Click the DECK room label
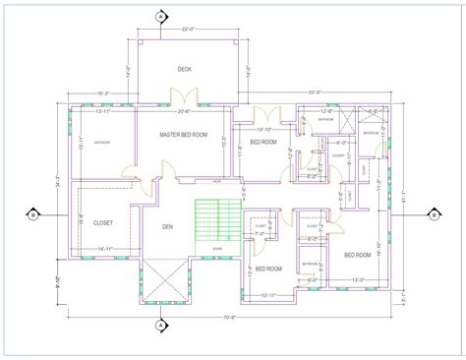184,69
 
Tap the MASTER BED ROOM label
184,135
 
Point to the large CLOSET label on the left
103,223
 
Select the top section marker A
160,17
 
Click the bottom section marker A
160,325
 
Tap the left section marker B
31,213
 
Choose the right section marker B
432,213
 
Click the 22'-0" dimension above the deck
186,30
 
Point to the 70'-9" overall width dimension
228,317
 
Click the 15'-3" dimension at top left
101,92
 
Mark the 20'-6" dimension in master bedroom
183,110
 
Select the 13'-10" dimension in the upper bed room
263,129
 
